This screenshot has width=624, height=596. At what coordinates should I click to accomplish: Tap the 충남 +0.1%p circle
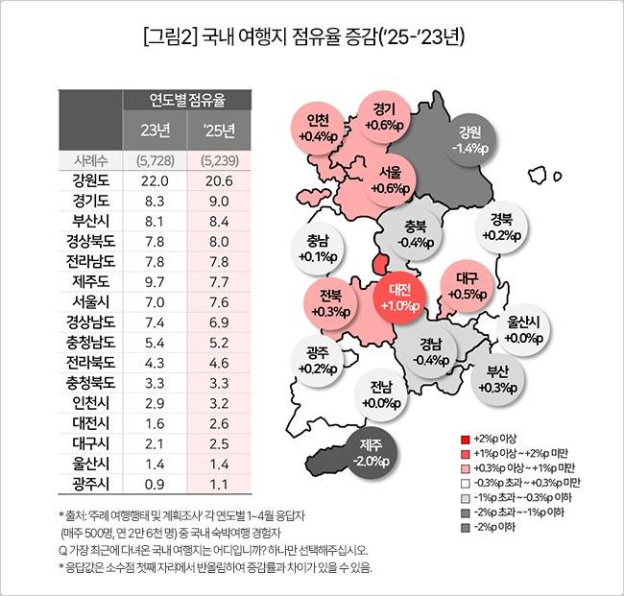tap(318, 250)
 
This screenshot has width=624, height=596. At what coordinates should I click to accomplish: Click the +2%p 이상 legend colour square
tap(466, 437)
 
